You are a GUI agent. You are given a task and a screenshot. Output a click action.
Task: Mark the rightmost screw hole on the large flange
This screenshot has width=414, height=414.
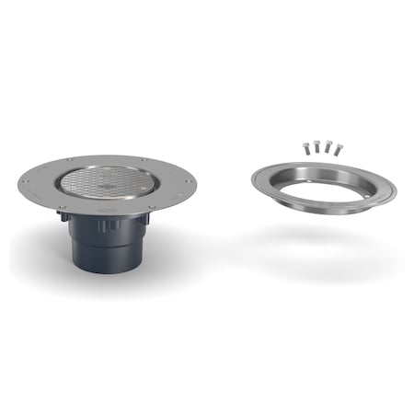pos(191,182)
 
